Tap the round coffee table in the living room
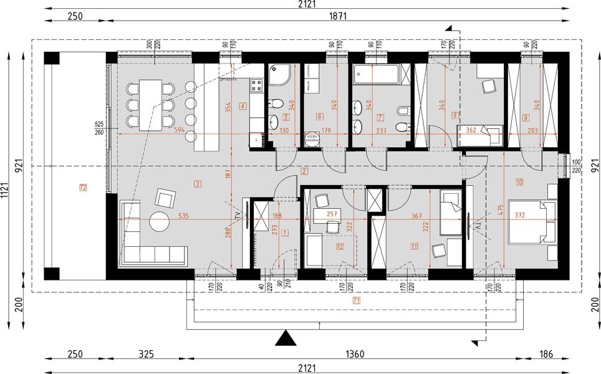click(x=160, y=221)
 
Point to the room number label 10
click(x=519, y=182)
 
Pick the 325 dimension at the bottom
click(x=146, y=354)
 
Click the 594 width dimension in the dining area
click(x=179, y=130)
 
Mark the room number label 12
click(x=339, y=246)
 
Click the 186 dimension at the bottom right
click(x=547, y=354)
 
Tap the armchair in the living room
click(x=166, y=199)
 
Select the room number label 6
click(x=319, y=116)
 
